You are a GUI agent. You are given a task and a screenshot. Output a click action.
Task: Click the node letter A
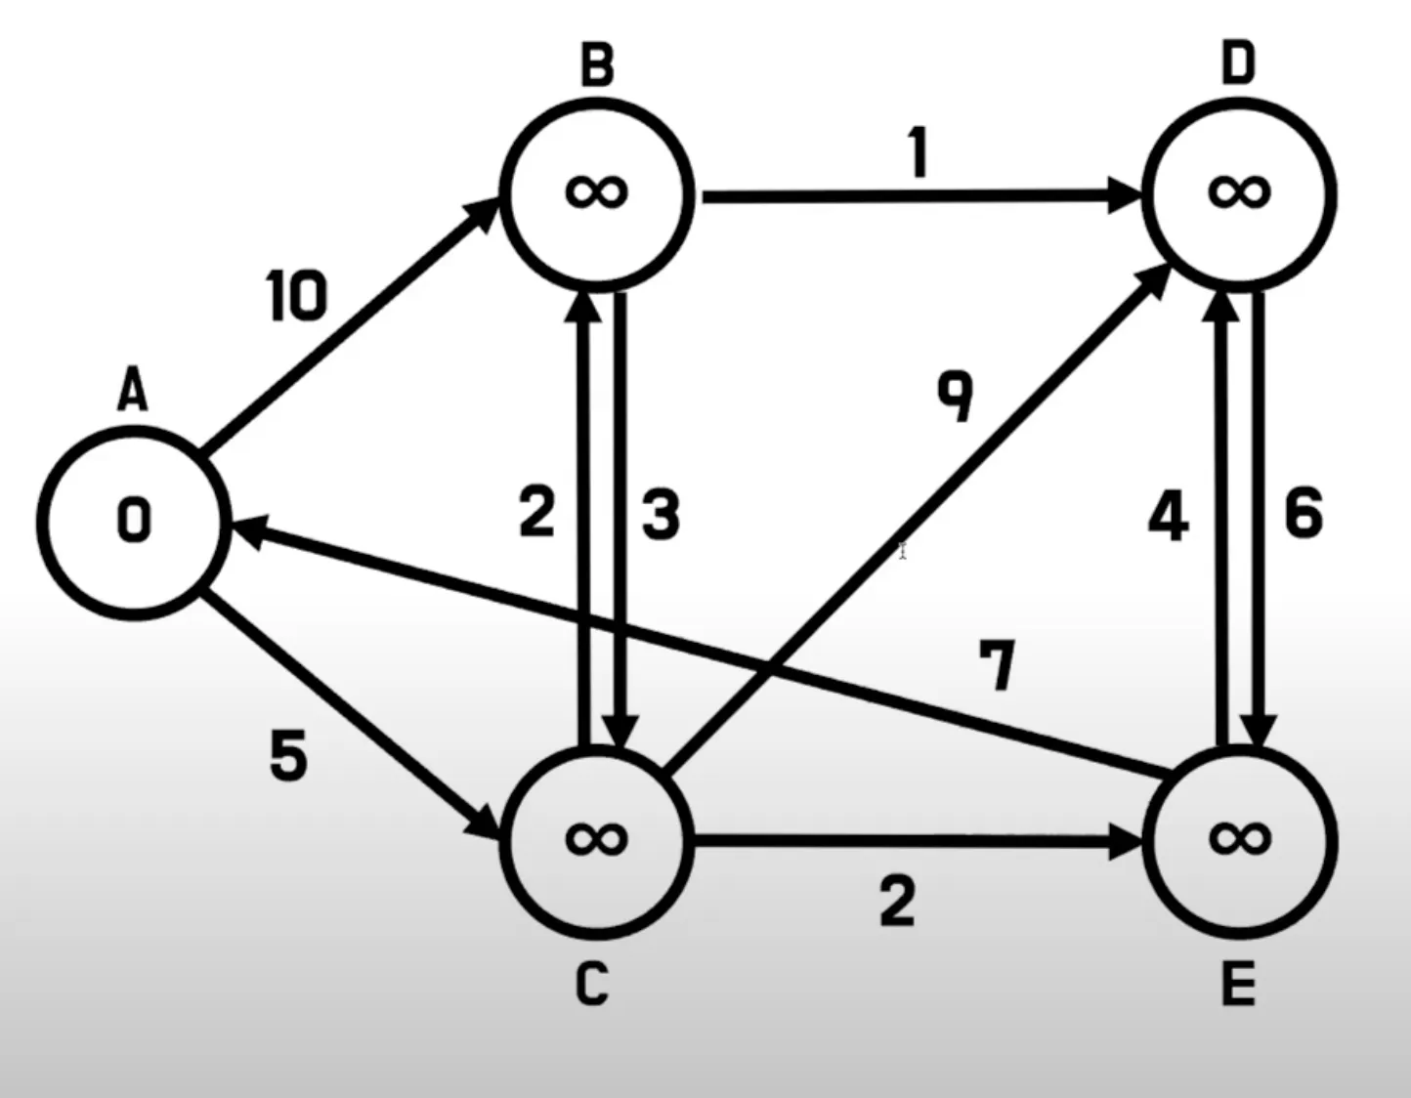click(133, 393)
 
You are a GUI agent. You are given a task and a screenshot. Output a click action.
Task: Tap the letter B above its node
click(597, 65)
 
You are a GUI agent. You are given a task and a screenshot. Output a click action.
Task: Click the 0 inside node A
click(134, 520)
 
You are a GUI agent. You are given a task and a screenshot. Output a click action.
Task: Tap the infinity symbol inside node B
click(596, 191)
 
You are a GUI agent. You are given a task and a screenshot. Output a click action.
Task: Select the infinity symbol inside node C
click(596, 837)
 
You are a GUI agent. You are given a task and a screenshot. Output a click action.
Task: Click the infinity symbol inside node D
click(1239, 191)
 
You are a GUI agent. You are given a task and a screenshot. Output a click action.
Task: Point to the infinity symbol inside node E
click(1239, 837)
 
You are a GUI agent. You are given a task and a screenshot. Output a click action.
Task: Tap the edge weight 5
click(288, 754)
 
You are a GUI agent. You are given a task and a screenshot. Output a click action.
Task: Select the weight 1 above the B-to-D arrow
click(918, 153)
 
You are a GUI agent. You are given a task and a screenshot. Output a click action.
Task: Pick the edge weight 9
click(956, 396)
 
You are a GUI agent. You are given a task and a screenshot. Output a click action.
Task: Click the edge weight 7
click(998, 666)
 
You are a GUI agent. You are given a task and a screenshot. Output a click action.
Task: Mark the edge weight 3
click(661, 515)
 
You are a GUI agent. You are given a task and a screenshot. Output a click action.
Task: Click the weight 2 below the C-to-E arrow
click(897, 901)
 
